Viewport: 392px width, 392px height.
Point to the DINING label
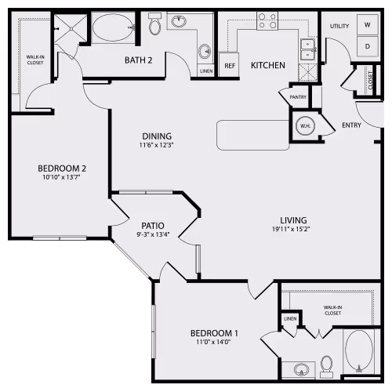pyautogui.click(x=155, y=133)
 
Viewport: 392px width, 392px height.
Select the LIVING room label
pyautogui.click(x=294, y=220)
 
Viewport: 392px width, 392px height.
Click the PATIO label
pyautogui.click(x=153, y=224)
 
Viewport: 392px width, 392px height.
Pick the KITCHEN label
pyautogui.click(x=267, y=65)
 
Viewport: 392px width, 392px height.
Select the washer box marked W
pyautogui.click(x=367, y=24)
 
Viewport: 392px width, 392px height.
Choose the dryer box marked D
pyautogui.click(x=367, y=46)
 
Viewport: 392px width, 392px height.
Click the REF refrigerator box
pyautogui.click(x=230, y=65)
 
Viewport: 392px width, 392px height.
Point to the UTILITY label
pyautogui.click(x=339, y=27)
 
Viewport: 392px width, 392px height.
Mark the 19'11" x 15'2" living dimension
pyautogui.click(x=294, y=230)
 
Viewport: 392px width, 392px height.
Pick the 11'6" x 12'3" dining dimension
pyautogui.click(x=155, y=143)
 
